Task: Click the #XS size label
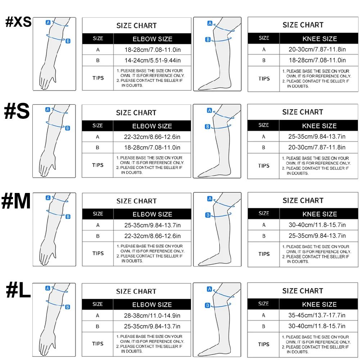click(18, 22)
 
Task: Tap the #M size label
click(16, 201)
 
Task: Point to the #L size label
click(18, 291)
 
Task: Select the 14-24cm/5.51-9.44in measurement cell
click(152, 60)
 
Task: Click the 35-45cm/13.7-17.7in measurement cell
click(317, 315)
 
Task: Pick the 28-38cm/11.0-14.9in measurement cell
click(152, 315)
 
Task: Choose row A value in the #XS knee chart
click(317, 49)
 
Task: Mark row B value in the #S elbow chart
click(152, 147)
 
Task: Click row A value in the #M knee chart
click(317, 225)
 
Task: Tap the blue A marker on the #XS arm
click(48, 22)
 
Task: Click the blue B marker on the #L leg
click(208, 305)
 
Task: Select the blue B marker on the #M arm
click(68, 216)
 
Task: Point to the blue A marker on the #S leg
click(210, 111)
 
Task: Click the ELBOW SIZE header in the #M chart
click(152, 214)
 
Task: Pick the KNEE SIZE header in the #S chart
click(319, 126)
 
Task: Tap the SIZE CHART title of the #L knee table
click(303, 291)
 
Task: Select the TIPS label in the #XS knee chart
click(264, 78)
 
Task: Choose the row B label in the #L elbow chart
click(98, 326)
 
